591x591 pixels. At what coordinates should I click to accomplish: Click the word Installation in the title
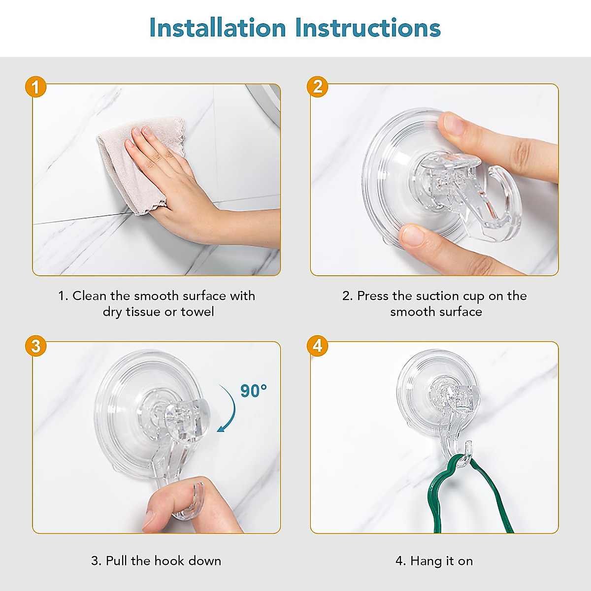coord(218,28)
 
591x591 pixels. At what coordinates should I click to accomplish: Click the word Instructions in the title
coord(368,28)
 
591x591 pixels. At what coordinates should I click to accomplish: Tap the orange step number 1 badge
coord(36,87)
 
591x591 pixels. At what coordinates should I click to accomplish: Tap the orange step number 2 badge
coord(318,87)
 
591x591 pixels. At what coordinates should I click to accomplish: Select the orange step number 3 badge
coord(36,346)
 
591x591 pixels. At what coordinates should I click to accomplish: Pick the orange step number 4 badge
coord(318,346)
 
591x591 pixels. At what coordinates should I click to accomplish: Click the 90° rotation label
coord(253,391)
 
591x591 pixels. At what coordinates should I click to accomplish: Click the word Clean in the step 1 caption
coord(90,296)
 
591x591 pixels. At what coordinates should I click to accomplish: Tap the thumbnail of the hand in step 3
coord(150,519)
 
